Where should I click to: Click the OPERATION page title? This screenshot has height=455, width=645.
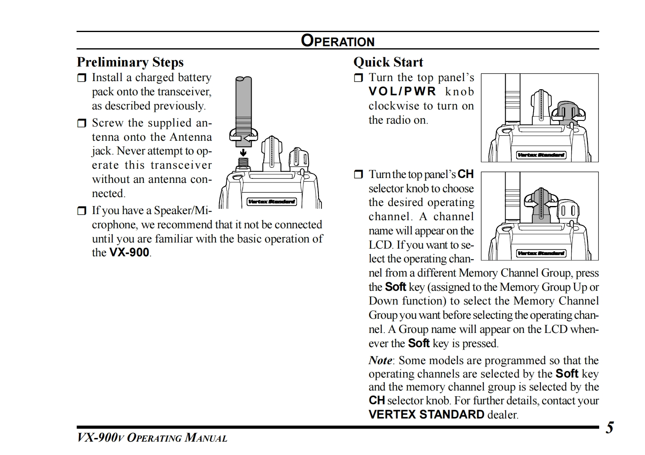(x=337, y=41)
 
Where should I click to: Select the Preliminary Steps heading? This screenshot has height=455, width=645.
(x=130, y=62)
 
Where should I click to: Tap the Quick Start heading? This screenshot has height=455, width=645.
(x=388, y=62)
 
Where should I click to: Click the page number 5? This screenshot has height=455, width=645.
(x=609, y=428)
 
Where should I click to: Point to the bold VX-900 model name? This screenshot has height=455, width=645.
(x=129, y=253)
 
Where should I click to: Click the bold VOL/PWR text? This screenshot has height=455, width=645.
(x=402, y=92)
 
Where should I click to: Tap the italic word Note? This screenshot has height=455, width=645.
(x=380, y=361)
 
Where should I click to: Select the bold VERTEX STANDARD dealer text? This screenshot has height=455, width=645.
(x=426, y=414)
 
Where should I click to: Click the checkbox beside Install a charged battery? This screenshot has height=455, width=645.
(x=82, y=78)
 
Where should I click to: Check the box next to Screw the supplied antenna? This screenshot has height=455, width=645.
(x=82, y=123)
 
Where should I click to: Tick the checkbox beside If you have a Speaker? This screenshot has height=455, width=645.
(x=82, y=211)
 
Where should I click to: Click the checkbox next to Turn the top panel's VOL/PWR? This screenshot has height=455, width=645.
(x=358, y=78)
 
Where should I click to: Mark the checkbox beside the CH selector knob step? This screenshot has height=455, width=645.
(x=358, y=175)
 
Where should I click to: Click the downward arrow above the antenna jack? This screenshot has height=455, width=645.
(x=243, y=153)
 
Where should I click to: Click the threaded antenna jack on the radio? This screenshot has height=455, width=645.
(x=243, y=163)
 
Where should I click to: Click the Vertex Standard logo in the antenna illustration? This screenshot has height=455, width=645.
(x=271, y=202)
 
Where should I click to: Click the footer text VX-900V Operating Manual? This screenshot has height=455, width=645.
(x=152, y=438)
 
